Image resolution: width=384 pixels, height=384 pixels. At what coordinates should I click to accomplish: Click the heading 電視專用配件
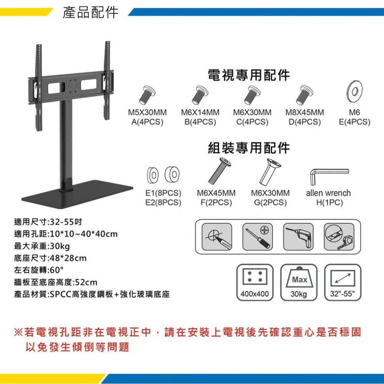tap(249, 75)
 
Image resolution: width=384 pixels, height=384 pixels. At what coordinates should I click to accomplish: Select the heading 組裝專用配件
tap(249, 147)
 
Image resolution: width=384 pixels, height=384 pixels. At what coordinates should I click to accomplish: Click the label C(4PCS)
tap(252, 122)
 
